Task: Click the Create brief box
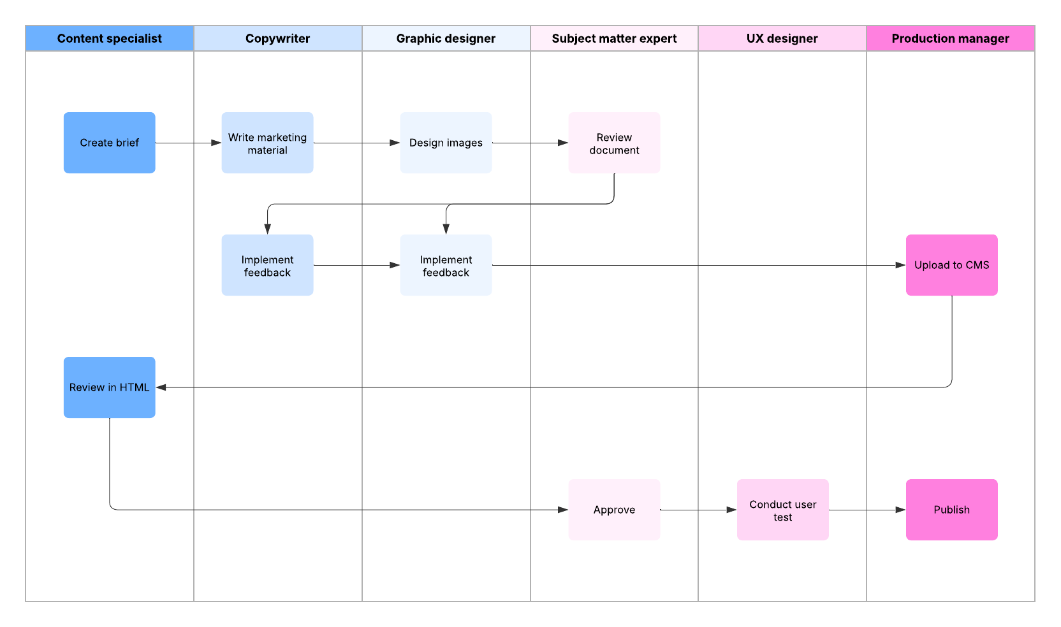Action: [x=109, y=143]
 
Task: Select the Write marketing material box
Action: [x=267, y=143]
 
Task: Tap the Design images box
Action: [x=446, y=143]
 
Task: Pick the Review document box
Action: [x=614, y=143]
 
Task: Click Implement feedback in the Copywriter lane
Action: [x=267, y=265]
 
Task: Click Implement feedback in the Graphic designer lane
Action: [x=446, y=265]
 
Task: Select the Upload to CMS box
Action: [x=951, y=265]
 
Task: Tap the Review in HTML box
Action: [x=109, y=387]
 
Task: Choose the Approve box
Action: [x=614, y=510]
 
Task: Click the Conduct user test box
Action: [x=782, y=510]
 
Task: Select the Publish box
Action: [x=951, y=510]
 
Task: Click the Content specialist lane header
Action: [x=109, y=38]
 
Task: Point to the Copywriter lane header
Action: [x=277, y=38]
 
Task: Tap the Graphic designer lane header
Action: [x=446, y=38]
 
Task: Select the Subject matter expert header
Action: [x=614, y=38]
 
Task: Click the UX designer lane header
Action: [x=782, y=38]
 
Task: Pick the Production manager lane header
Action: [x=950, y=38]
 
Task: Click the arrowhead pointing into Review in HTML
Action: [x=161, y=387]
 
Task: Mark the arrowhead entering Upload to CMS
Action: [x=900, y=265]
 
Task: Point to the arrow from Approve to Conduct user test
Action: [x=698, y=510]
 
